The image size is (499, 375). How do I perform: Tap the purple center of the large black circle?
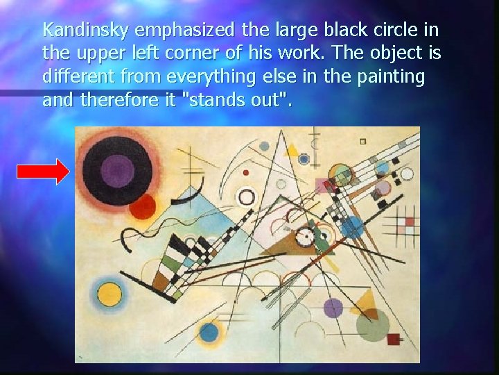coord(118,169)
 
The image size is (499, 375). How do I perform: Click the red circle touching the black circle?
coord(143,206)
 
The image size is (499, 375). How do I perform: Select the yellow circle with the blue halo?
coord(110,294)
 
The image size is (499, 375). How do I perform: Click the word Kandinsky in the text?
coord(87,31)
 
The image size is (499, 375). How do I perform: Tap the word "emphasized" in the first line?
coord(186,31)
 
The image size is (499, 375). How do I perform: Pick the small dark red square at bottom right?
coord(394,340)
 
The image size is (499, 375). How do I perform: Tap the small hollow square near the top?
coord(362,141)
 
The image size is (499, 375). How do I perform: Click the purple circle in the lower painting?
coord(333,307)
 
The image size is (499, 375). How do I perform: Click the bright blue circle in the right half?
coord(352,226)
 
